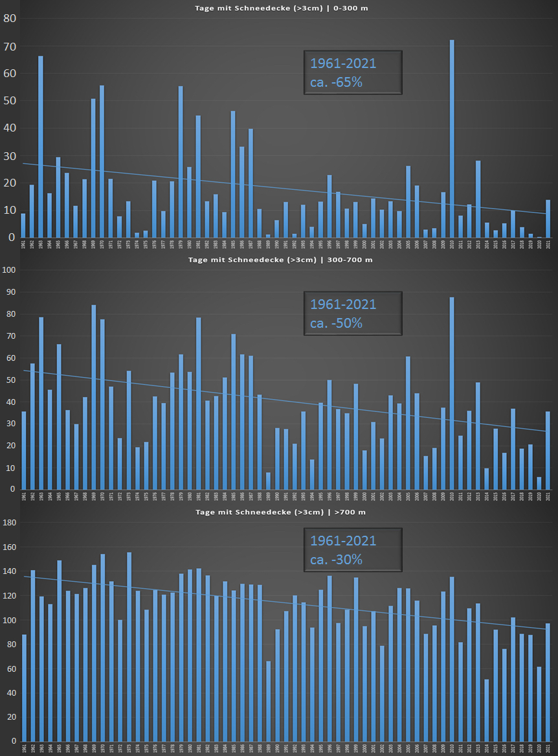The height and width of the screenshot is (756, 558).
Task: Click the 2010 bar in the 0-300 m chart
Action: tap(452, 139)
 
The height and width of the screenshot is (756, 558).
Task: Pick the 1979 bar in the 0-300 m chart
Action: tap(181, 162)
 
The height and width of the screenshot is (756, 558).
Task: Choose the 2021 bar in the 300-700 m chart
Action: tap(548, 450)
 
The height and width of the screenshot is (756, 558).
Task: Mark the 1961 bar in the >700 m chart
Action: tap(24, 687)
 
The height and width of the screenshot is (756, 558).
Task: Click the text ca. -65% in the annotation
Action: tap(336, 82)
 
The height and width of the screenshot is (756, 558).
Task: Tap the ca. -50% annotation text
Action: tap(336, 323)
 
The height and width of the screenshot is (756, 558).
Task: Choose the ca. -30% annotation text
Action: tap(336, 559)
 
